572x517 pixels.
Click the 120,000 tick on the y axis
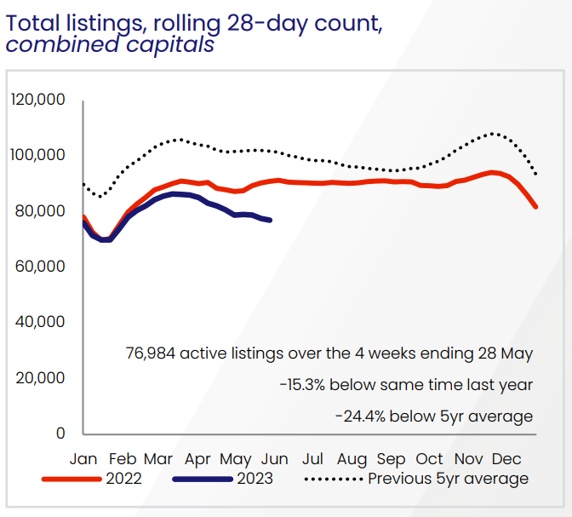click(x=37, y=100)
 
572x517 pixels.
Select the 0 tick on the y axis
click(x=60, y=433)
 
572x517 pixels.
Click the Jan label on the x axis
click(x=83, y=459)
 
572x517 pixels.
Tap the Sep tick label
click(x=391, y=459)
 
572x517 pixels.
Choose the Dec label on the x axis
click(x=507, y=459)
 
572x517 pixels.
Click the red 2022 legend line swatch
click(x=71, y=479)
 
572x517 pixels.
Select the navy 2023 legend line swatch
click(x=202, y=479)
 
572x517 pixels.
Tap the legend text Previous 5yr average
click(x=449, y=479)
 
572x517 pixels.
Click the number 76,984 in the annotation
click(x=151, y=353)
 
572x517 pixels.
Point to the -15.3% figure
click(x=303, y=385)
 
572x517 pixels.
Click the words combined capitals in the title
click(x=111, y=44)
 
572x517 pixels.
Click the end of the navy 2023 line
click(x=270, y=221)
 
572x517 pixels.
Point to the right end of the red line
click(x=535, y=206)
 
